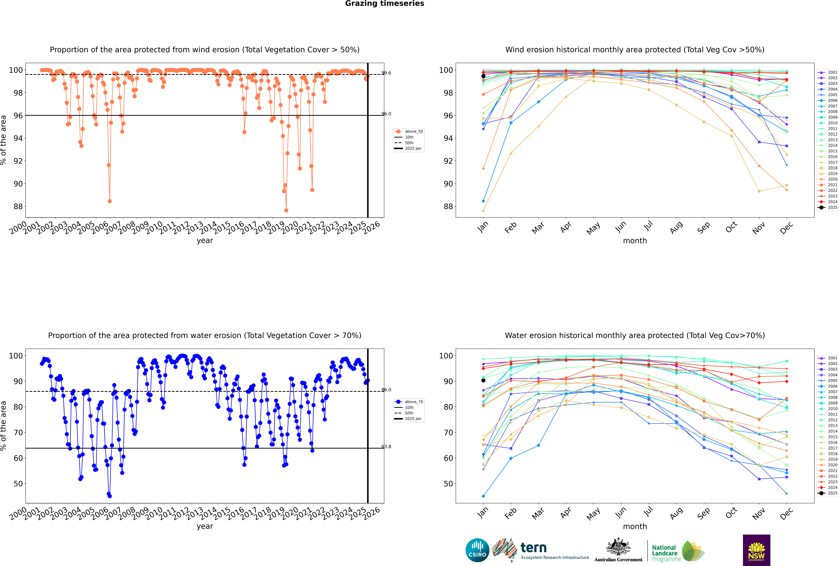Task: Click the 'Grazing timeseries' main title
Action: (385, 4)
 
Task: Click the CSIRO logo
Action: (477, 550)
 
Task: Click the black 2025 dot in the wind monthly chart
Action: (483, 76)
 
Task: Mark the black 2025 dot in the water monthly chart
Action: (483, 380)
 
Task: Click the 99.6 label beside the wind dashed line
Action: (386, 73)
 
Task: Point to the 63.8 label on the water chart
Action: (386, 446)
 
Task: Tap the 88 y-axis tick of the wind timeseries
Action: (18, 206)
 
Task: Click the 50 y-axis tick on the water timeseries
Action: (18, 484)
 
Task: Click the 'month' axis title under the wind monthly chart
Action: (635, 241)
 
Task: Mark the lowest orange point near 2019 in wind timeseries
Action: (286, 210)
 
